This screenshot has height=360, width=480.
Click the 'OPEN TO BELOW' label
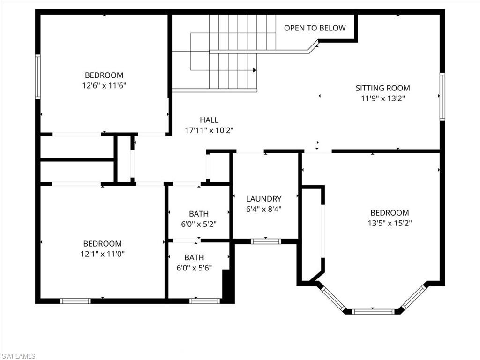pos(315,28)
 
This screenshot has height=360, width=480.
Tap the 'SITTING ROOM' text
pos(382,88)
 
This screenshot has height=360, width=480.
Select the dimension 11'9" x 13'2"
pos(382,98)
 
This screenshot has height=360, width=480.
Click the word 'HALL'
pos(209,120)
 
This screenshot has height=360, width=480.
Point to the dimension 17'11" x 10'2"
pos(209,130)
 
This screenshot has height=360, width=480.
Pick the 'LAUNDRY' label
pos(264,199)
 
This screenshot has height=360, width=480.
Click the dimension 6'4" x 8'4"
pos(264,210)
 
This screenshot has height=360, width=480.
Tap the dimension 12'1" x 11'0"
pos(103,254)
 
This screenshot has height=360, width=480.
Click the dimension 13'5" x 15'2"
pos(390,223)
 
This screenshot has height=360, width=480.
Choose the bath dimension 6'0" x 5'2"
pos(199,224)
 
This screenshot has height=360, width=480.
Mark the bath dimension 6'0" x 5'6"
pos(194,268)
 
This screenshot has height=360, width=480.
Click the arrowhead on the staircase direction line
pos(255,70)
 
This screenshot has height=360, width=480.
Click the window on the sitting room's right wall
pos(442,97)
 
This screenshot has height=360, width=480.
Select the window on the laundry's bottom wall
pos(265,241)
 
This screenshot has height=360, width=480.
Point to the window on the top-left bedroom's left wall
pos(38,76)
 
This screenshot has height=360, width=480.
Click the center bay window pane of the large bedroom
pos(373,311)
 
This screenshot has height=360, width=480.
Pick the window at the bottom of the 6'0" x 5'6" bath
pos(204,301)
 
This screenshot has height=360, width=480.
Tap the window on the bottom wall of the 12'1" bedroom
pos(75,301)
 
